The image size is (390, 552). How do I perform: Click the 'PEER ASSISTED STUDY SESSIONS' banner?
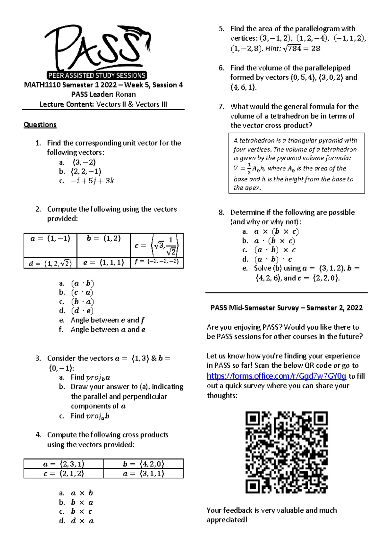(97, 75)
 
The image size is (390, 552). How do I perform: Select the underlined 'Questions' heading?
(40, 125)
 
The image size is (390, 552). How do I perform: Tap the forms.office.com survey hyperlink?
(276, 376)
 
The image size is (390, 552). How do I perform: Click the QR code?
(286, 452)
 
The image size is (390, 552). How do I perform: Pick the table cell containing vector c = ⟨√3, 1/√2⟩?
(157, 245)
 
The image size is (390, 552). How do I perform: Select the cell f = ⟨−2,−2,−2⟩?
(157, 262)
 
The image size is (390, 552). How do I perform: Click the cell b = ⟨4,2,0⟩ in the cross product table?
(143, 464)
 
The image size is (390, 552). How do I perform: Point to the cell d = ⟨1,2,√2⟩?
(50, 263)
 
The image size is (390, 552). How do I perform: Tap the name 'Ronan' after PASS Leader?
(126, 95)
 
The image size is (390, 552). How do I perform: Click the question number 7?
(221, 107)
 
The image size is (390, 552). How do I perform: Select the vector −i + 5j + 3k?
(93, 181)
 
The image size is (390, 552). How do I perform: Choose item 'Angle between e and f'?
(108, 320)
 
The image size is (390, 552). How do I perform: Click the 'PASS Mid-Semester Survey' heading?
(286, 308)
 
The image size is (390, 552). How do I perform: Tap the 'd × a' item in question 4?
(82, 521)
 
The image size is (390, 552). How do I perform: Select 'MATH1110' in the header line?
(42, 85)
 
